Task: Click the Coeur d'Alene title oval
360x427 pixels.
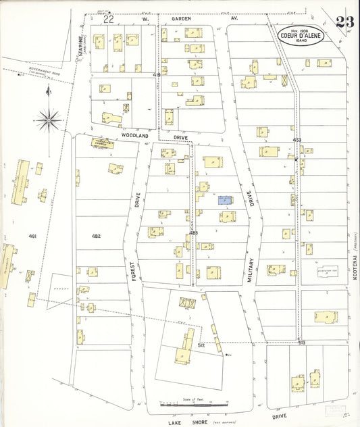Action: pos(300,36)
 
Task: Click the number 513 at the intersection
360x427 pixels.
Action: pos(301,344)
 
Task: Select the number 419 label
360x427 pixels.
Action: pos(156,74)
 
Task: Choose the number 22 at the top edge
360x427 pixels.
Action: pos(108,20)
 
